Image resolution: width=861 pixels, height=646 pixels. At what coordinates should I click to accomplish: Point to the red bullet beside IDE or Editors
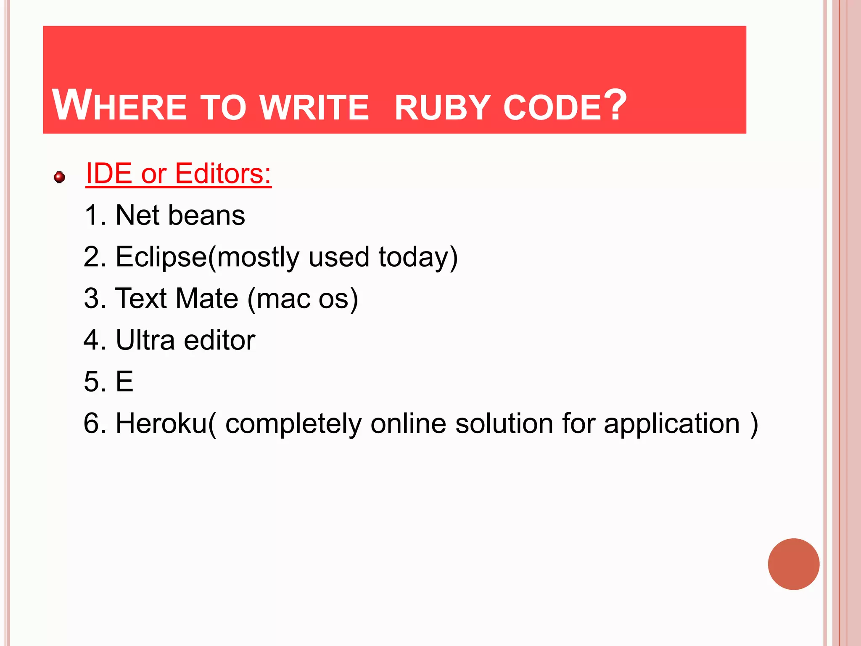pos(59,177)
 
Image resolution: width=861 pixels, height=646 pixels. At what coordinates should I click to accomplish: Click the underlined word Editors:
pos(223,173)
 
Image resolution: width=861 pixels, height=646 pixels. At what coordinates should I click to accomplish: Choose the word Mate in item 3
pos(207,299)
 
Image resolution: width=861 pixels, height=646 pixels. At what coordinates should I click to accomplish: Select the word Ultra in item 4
pos(145,340)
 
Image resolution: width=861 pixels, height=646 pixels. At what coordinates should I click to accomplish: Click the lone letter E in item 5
pos(124,381)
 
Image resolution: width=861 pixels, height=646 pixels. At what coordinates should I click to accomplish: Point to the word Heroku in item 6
pos(161,423)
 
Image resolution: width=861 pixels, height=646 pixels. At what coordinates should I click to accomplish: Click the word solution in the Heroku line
pos(504,423)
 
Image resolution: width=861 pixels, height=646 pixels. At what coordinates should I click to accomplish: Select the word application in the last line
pos(671,424)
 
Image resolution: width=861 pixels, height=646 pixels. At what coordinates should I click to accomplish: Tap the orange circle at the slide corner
pos(793,564)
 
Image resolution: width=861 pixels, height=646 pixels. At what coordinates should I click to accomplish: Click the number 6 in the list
pos(91,423)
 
